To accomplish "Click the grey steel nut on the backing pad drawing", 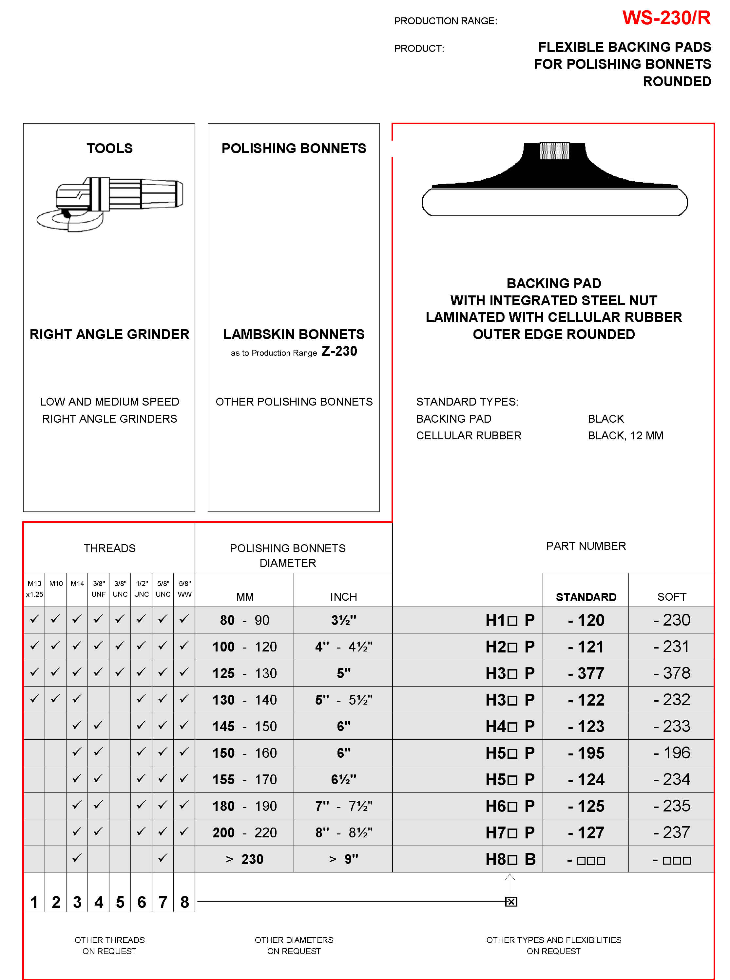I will coord(554,151).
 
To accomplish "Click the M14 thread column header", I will coord(77,583).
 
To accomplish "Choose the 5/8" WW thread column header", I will coord(184,589).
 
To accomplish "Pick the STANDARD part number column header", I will coord(586,597).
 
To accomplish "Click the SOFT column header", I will coord(671,597).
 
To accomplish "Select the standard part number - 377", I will coord(586,673).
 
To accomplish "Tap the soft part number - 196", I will coord(672,753).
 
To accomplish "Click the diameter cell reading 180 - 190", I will coord(244,806).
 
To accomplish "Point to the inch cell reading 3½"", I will coord(343,620).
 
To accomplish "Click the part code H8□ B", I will coord(510,859).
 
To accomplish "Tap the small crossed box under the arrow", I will coord(511,901).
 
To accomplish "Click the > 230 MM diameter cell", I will coord(244,859).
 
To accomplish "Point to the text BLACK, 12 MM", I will coord(625,436).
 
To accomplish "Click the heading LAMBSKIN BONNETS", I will coord(294,334).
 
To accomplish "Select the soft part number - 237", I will coord(672,832).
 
